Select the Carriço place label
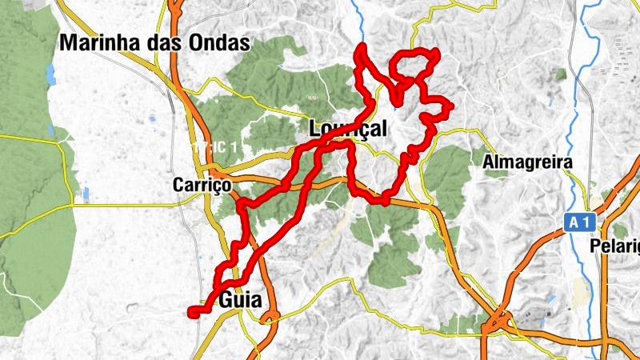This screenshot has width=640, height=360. click(202, 186)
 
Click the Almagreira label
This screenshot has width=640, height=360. click(528, 162)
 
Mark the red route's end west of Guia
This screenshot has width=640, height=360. click(191, 313)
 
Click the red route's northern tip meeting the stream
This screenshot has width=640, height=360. click(362, 50)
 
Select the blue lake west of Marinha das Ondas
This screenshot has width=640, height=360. click(50, 74)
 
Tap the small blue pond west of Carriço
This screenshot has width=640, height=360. click(86, 194)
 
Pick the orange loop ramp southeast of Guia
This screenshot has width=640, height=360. click(270, 317)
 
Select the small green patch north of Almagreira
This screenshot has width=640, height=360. click(561, 74)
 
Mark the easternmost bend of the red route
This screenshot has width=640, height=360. click(451, 106)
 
